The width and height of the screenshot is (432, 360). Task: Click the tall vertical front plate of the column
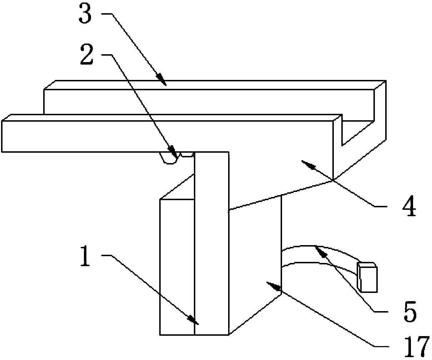[x=211, y=243]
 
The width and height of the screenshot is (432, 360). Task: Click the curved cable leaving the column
[x=318, y=254]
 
